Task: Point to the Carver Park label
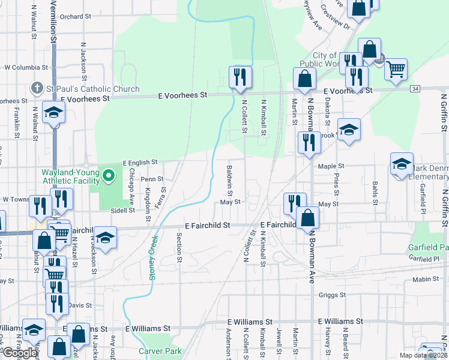[155, 351]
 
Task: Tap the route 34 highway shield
[415, 89]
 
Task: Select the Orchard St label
[75, 16]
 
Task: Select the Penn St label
[152, 179]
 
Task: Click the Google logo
[20, 352]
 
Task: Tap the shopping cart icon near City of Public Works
[396, 71]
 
